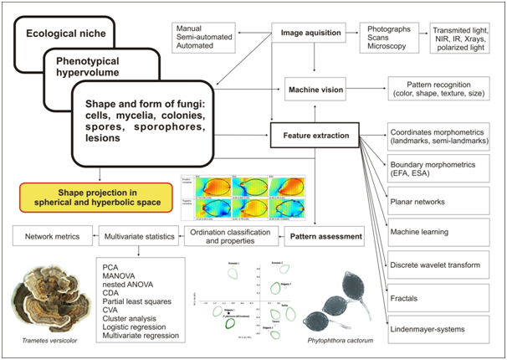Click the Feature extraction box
pyautogui.click(x=314, y=132)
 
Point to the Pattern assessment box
pyautogui.click(x=327, y=237)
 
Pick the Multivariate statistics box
pyautogui.click(x=136, y=237)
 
